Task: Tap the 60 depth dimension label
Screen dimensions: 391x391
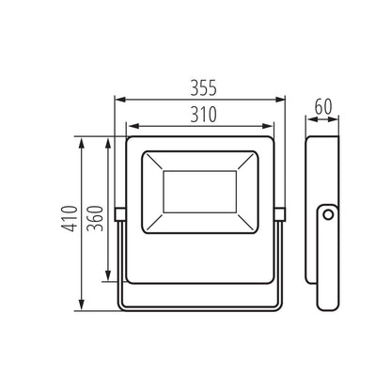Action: [x=322, y=107]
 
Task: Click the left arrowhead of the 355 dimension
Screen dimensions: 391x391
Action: [x=118, y=98]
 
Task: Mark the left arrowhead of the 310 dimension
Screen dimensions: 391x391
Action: [x=131, y=125]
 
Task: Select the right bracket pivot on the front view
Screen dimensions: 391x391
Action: [x=281, y=214]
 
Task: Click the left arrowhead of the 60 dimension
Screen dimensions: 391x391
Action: [x=310, y=119]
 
